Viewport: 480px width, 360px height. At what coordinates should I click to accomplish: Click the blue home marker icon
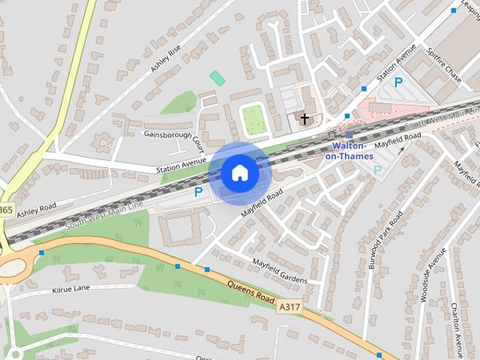(x=239, y=173)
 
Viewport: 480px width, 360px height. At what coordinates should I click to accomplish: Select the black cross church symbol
(x=304, y=118)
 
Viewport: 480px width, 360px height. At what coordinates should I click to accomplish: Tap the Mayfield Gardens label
(x=280, y=271)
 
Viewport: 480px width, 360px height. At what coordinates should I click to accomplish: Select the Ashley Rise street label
(x=166, y=58)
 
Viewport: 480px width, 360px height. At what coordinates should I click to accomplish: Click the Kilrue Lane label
(x=70, y=289)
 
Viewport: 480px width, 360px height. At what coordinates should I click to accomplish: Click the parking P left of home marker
(x=199, y=192)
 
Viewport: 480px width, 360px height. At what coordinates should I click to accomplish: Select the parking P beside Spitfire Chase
(x=398, y=82)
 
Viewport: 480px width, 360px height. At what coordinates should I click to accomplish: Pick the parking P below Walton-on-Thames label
(x=377, y=170)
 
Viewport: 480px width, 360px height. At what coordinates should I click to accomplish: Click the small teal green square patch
(x=217, y=77)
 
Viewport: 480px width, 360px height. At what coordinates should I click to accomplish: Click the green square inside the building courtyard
(x=253, y=119)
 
